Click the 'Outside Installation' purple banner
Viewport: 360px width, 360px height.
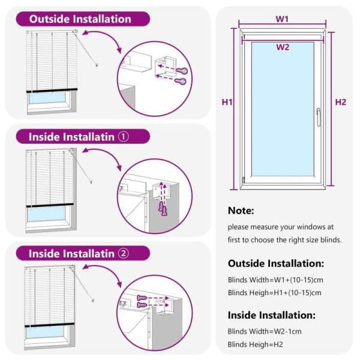tap(80, 19)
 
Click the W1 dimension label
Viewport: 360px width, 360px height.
tap(283, 19)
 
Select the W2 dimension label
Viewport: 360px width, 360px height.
tap(283, 47)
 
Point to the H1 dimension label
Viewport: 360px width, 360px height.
tap(227, 102)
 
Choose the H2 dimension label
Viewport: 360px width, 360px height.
tap(340, 102)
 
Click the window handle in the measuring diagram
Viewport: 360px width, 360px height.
tap(319, 116)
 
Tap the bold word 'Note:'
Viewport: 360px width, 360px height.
tap(241, 211)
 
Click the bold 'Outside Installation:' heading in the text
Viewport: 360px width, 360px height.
tap(276, 263)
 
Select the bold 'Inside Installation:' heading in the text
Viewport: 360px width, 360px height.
tap(271, 315)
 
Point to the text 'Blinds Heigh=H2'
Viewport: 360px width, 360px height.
tap(256, 344)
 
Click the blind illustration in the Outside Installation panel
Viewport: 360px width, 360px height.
tap(52, 72)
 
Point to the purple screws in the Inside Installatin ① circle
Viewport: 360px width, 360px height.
tap(161, 207)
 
